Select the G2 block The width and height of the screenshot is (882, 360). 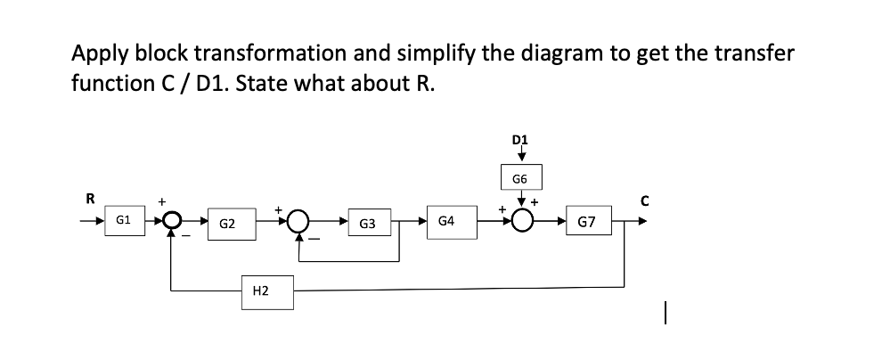pos(226,221)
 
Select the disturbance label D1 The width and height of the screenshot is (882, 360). pos(521,139)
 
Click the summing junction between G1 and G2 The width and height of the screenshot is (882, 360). pos(171,219)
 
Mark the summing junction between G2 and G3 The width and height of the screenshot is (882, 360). pos(298,220)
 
